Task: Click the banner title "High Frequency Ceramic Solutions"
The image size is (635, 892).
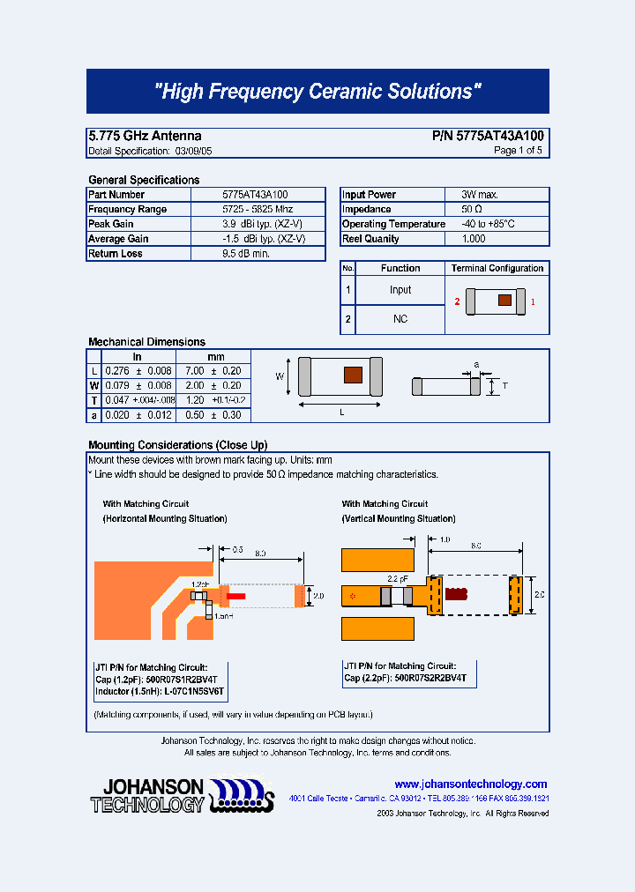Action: [317, 92]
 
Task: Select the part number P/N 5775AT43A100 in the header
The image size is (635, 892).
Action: [488, 136]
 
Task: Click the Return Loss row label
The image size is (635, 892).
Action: [116, 254]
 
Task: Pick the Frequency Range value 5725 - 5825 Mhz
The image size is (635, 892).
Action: [257, 209]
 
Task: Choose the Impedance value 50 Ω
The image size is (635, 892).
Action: [471, 210]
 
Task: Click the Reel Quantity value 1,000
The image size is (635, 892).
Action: [474, 239]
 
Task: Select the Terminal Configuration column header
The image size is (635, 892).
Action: [497, 268]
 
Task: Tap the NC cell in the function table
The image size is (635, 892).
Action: [400, 319]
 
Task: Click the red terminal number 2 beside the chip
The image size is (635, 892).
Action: [457, 301]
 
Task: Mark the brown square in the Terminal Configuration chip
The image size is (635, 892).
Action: [504, 300]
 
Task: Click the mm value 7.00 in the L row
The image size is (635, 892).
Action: [194, 371]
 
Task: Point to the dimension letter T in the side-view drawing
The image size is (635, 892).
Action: [504, 385]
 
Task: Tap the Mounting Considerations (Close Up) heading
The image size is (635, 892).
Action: [177, 445]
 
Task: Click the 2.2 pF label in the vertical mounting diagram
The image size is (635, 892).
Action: [399, 578]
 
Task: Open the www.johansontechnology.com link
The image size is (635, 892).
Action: [470, 784]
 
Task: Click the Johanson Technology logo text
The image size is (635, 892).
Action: [147, 795]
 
